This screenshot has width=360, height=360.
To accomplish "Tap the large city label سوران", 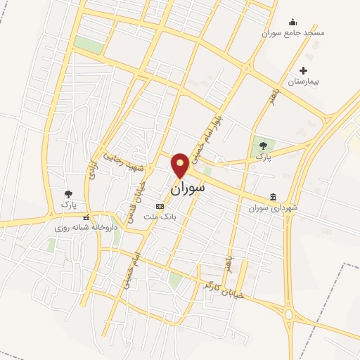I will click(188, 188).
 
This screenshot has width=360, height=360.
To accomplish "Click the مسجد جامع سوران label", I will click(293, 33).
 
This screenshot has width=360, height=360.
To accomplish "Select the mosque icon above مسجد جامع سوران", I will click(293, 22).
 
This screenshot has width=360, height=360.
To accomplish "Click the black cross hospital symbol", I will click(304, 70).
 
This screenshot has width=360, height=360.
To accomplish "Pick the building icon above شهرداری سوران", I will click(273, 198).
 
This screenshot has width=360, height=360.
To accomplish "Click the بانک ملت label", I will click(160, 217).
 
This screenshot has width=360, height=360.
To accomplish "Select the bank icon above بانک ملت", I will click(160, 207).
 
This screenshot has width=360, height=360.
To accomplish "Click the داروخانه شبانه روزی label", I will click(85, 228).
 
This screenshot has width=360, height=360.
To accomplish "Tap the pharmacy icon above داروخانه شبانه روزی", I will click(86, 217).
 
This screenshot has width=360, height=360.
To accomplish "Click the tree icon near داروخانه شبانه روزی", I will click(68, 194).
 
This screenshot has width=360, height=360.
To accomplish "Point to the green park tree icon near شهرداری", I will click(263, 146).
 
